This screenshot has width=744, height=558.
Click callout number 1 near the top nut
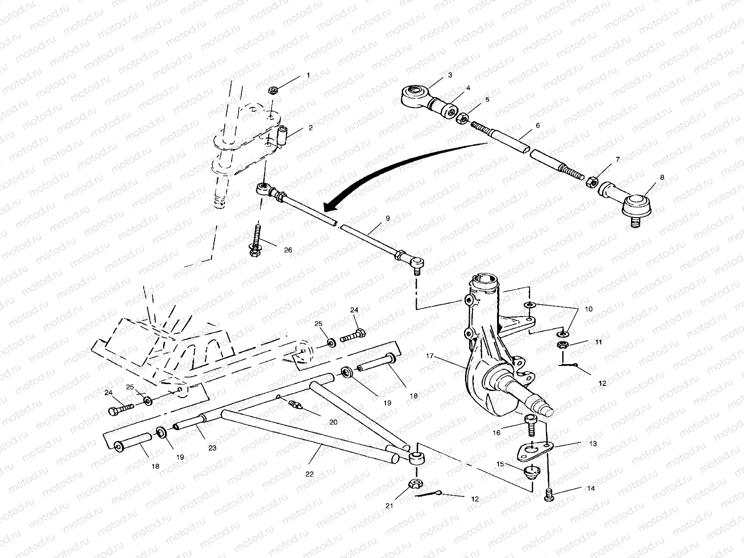point(308,75)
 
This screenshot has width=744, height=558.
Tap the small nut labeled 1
point(273,90)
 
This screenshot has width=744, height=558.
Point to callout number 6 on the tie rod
point(538,126)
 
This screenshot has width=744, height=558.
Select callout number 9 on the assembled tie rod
point(388,218)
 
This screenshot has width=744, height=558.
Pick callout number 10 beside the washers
point(589,309)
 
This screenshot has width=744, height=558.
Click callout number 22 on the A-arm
point(310,474)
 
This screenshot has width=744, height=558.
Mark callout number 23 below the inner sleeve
point(213,448)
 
